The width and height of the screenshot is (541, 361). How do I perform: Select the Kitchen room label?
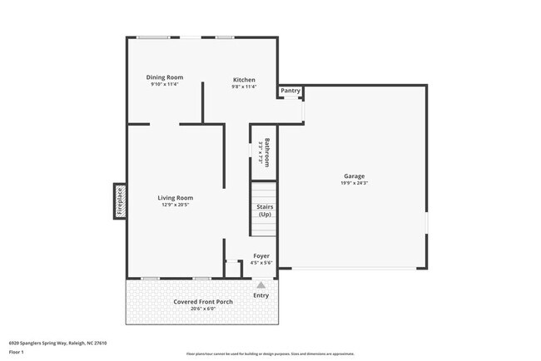[244, 80]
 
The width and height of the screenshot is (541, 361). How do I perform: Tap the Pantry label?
[290, 91]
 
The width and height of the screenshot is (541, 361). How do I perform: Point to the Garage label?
[355, 176]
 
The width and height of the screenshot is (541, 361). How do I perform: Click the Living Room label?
[176, 198]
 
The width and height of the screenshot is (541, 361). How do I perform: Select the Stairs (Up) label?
[265, 210]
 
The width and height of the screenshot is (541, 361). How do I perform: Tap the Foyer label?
[261, 255]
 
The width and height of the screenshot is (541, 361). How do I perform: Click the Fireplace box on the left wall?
[119, 201]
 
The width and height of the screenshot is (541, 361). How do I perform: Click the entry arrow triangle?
[261, 284]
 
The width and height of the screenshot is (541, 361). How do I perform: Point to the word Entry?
[261, 295]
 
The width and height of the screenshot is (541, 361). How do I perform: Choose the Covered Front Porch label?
[203, 301]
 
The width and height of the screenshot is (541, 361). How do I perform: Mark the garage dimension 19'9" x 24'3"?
[355, 183]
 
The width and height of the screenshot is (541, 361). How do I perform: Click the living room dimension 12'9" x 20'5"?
[176, 205]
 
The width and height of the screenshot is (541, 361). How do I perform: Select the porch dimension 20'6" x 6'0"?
[203, 309]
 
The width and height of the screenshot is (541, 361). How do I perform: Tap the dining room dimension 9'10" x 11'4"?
[165, 84]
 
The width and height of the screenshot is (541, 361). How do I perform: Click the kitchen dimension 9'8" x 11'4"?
[244, 87]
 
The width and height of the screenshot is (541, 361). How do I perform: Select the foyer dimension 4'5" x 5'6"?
[261, 262]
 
